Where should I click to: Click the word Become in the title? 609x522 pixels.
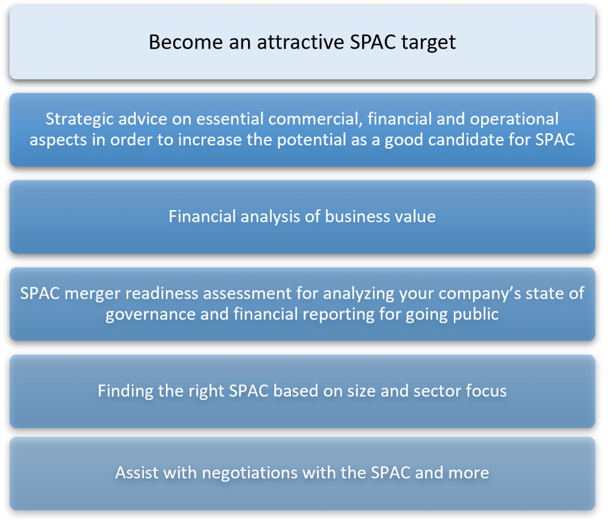tap(186, 42)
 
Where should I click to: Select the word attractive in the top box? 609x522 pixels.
tap(300, 42)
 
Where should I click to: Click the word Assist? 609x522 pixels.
tap(137, 473)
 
